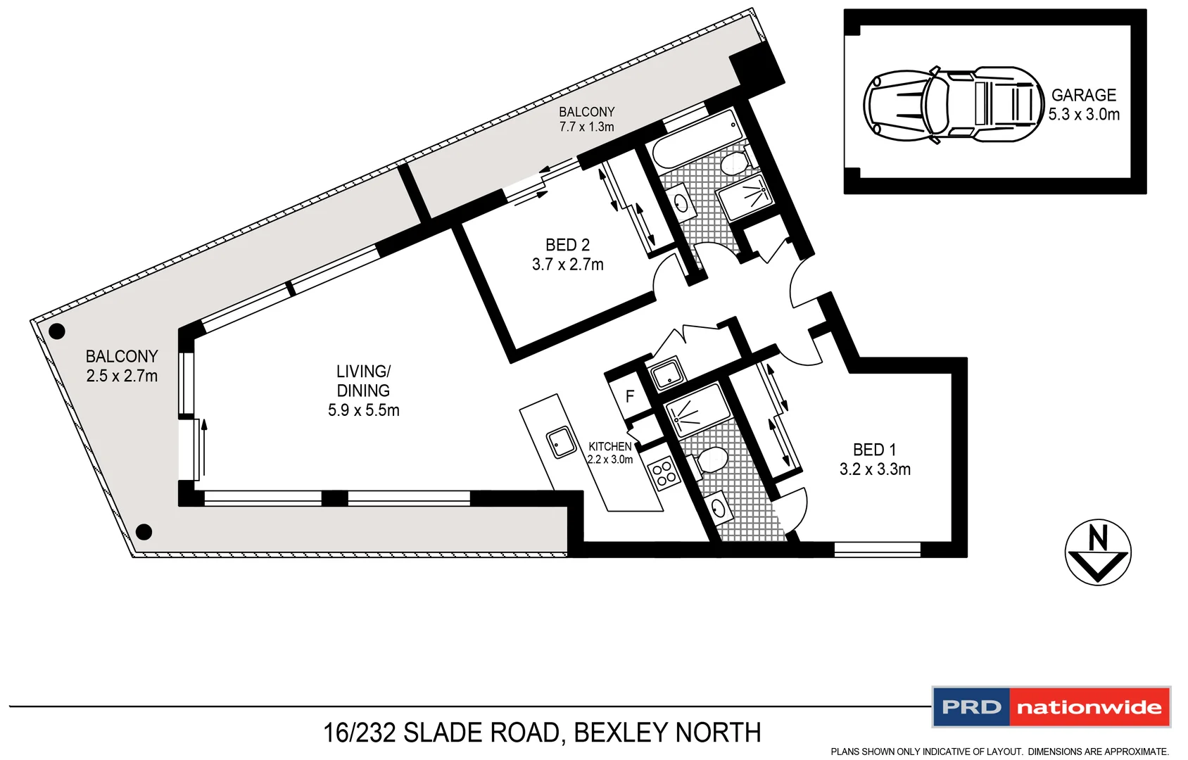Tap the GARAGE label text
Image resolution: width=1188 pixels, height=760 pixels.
1083,95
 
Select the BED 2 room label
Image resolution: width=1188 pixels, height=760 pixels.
567,245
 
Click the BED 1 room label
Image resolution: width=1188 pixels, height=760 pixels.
874,450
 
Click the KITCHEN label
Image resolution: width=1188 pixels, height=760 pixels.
609,447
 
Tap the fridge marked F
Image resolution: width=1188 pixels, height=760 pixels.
629,397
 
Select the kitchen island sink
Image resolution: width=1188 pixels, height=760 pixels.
561,443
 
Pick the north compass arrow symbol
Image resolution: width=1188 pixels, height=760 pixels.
1097,552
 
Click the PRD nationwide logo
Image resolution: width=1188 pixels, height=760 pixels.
1051,707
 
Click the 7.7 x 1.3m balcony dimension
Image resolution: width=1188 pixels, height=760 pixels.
586,127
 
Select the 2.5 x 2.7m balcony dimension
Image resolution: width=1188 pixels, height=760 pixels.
122,376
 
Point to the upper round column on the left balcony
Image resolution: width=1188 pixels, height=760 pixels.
56,331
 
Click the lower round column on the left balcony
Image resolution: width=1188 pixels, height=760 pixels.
144,531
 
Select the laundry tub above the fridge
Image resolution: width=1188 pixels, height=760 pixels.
666,373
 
